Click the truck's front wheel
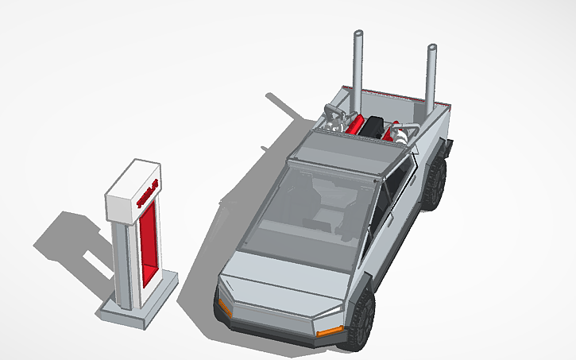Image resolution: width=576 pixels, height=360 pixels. point(360,318)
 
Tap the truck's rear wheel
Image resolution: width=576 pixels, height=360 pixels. point(434,184)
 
